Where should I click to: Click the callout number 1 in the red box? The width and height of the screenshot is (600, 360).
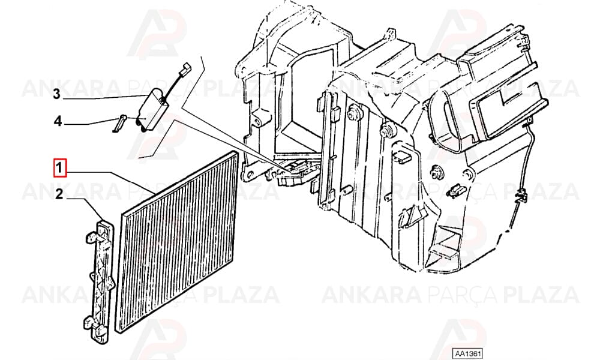pos(60,169)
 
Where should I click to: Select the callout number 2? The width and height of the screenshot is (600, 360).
pos(59,194)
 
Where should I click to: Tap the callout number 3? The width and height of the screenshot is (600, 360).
pos(56,94)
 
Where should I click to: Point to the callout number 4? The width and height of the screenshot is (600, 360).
pos(58,121)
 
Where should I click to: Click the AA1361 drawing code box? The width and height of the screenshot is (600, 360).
pos(467,353)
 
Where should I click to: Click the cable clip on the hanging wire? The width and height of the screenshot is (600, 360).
pos(521,195)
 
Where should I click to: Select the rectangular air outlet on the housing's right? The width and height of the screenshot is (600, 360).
pos(509,110)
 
